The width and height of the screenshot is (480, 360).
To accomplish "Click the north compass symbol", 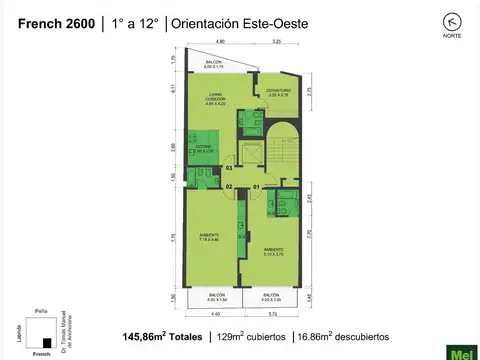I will tap(427, 21).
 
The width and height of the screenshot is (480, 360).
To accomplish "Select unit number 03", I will tap(229, 168).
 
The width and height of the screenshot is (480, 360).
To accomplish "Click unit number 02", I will tap(229, 186).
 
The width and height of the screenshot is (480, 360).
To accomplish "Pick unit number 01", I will tap(256, 186).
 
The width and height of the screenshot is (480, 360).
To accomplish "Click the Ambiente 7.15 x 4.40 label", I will tap(209, 238).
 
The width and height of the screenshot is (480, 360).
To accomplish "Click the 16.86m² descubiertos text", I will tap(354, 336).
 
